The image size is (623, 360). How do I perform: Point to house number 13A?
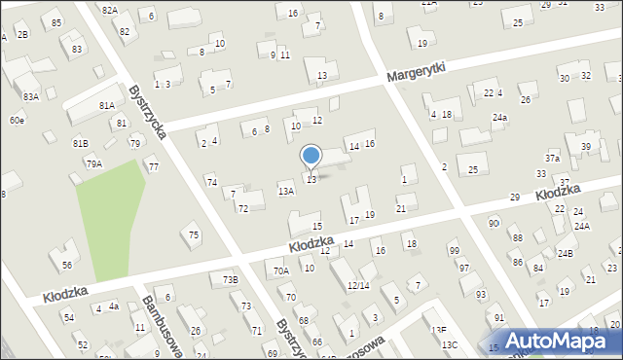click(x=285, y=192)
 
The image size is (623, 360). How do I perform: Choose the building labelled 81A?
click(x=107, y=105)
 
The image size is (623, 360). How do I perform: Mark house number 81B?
click(x=81, y=144)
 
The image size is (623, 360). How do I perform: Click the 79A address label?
click(x=93, y=163)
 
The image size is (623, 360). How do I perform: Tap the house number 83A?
click(x=31, y=96)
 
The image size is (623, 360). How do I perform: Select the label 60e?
click(x=17, y=120)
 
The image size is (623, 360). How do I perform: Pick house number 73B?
click(x=230, y=280)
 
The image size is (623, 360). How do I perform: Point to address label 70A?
click(x=281, y=271)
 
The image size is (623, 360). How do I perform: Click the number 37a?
click(x=552, y=158)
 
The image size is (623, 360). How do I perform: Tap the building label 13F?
click(x=439, y=331)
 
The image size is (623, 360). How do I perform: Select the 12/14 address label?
click(x=358, y=285)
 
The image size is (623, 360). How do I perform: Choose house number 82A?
click(x=109, y=10)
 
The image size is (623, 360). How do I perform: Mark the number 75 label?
click(x=194, y=234)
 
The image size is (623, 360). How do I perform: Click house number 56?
click(x=67, y=265)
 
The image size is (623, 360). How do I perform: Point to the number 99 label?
click(x=454, y=251)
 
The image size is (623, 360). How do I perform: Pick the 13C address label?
click(x=449, y=345)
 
